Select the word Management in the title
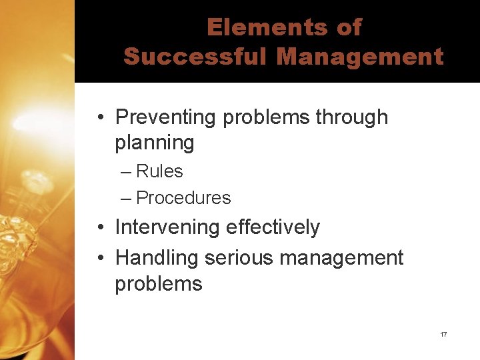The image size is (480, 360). (360, 57)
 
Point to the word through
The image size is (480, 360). (351, 117)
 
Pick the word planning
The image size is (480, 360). (155, 143)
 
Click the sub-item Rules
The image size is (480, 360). (159, 171)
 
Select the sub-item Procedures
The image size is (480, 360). (183, 198)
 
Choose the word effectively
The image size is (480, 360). (273, 227)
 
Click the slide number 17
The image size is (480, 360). (443, 334)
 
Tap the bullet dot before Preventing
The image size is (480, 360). (98, 118)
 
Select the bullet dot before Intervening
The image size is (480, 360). (98, 228)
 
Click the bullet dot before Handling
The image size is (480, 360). (98, 258)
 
